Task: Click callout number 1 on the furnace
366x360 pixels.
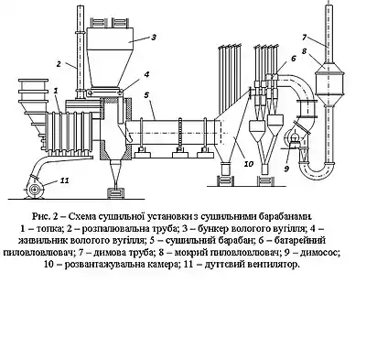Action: click(x=55, y=91)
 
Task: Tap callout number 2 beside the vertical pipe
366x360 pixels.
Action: click(x=59, y=64)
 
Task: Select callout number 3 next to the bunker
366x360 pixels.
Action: click(x=154, y=37)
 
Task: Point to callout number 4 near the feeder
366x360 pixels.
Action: click(x=146, y=74)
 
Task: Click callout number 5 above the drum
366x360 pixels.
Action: click(x=146, y=95)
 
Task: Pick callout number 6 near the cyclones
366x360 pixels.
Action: click(x=293, y=59)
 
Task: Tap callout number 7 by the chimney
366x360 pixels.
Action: click(x=304, y=38)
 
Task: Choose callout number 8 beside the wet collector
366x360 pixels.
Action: click(x=304, y=51)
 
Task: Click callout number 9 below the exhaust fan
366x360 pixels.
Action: click(x=286, y=169)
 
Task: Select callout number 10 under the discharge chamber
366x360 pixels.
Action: click(x=249, y=164)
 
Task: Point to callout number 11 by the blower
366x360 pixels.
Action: click(x=64, y=180)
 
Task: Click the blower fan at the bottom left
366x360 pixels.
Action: click(x=35, y=187)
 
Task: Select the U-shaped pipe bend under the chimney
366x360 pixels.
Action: click(x=318, y=171)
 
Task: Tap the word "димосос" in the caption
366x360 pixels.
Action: click(x=319, y=253)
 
